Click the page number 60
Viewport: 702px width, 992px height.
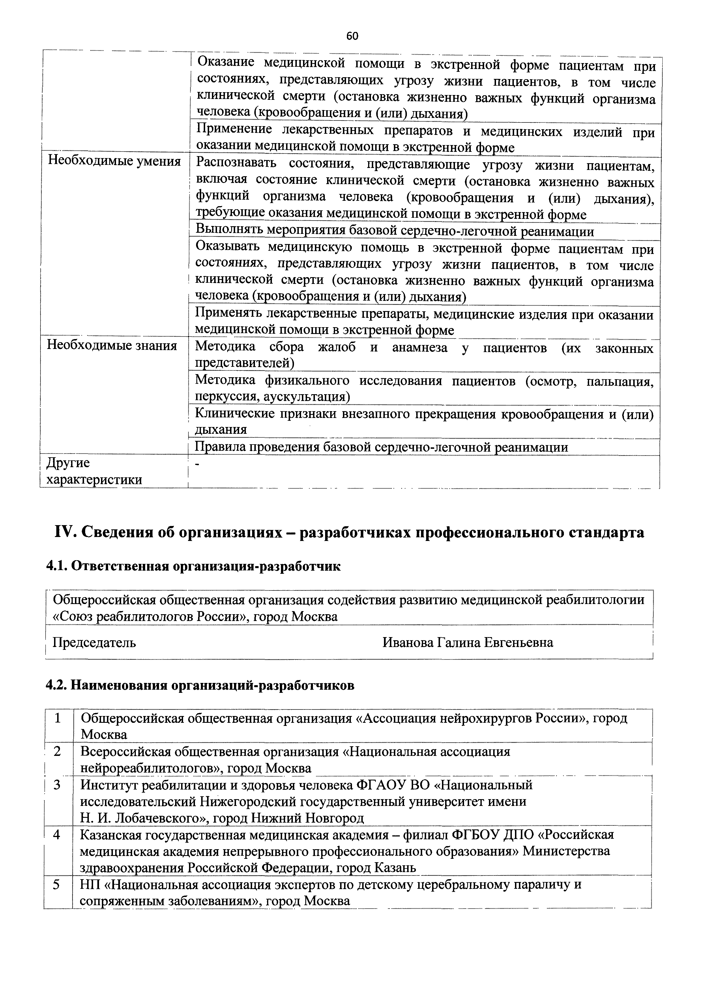[352, 36]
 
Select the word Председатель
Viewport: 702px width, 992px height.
[94, 642]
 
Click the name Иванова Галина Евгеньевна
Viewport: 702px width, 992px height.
[468, 642]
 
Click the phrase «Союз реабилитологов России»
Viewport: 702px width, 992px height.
[151, 616]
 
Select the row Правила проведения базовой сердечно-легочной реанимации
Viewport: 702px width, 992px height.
[381, 447]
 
